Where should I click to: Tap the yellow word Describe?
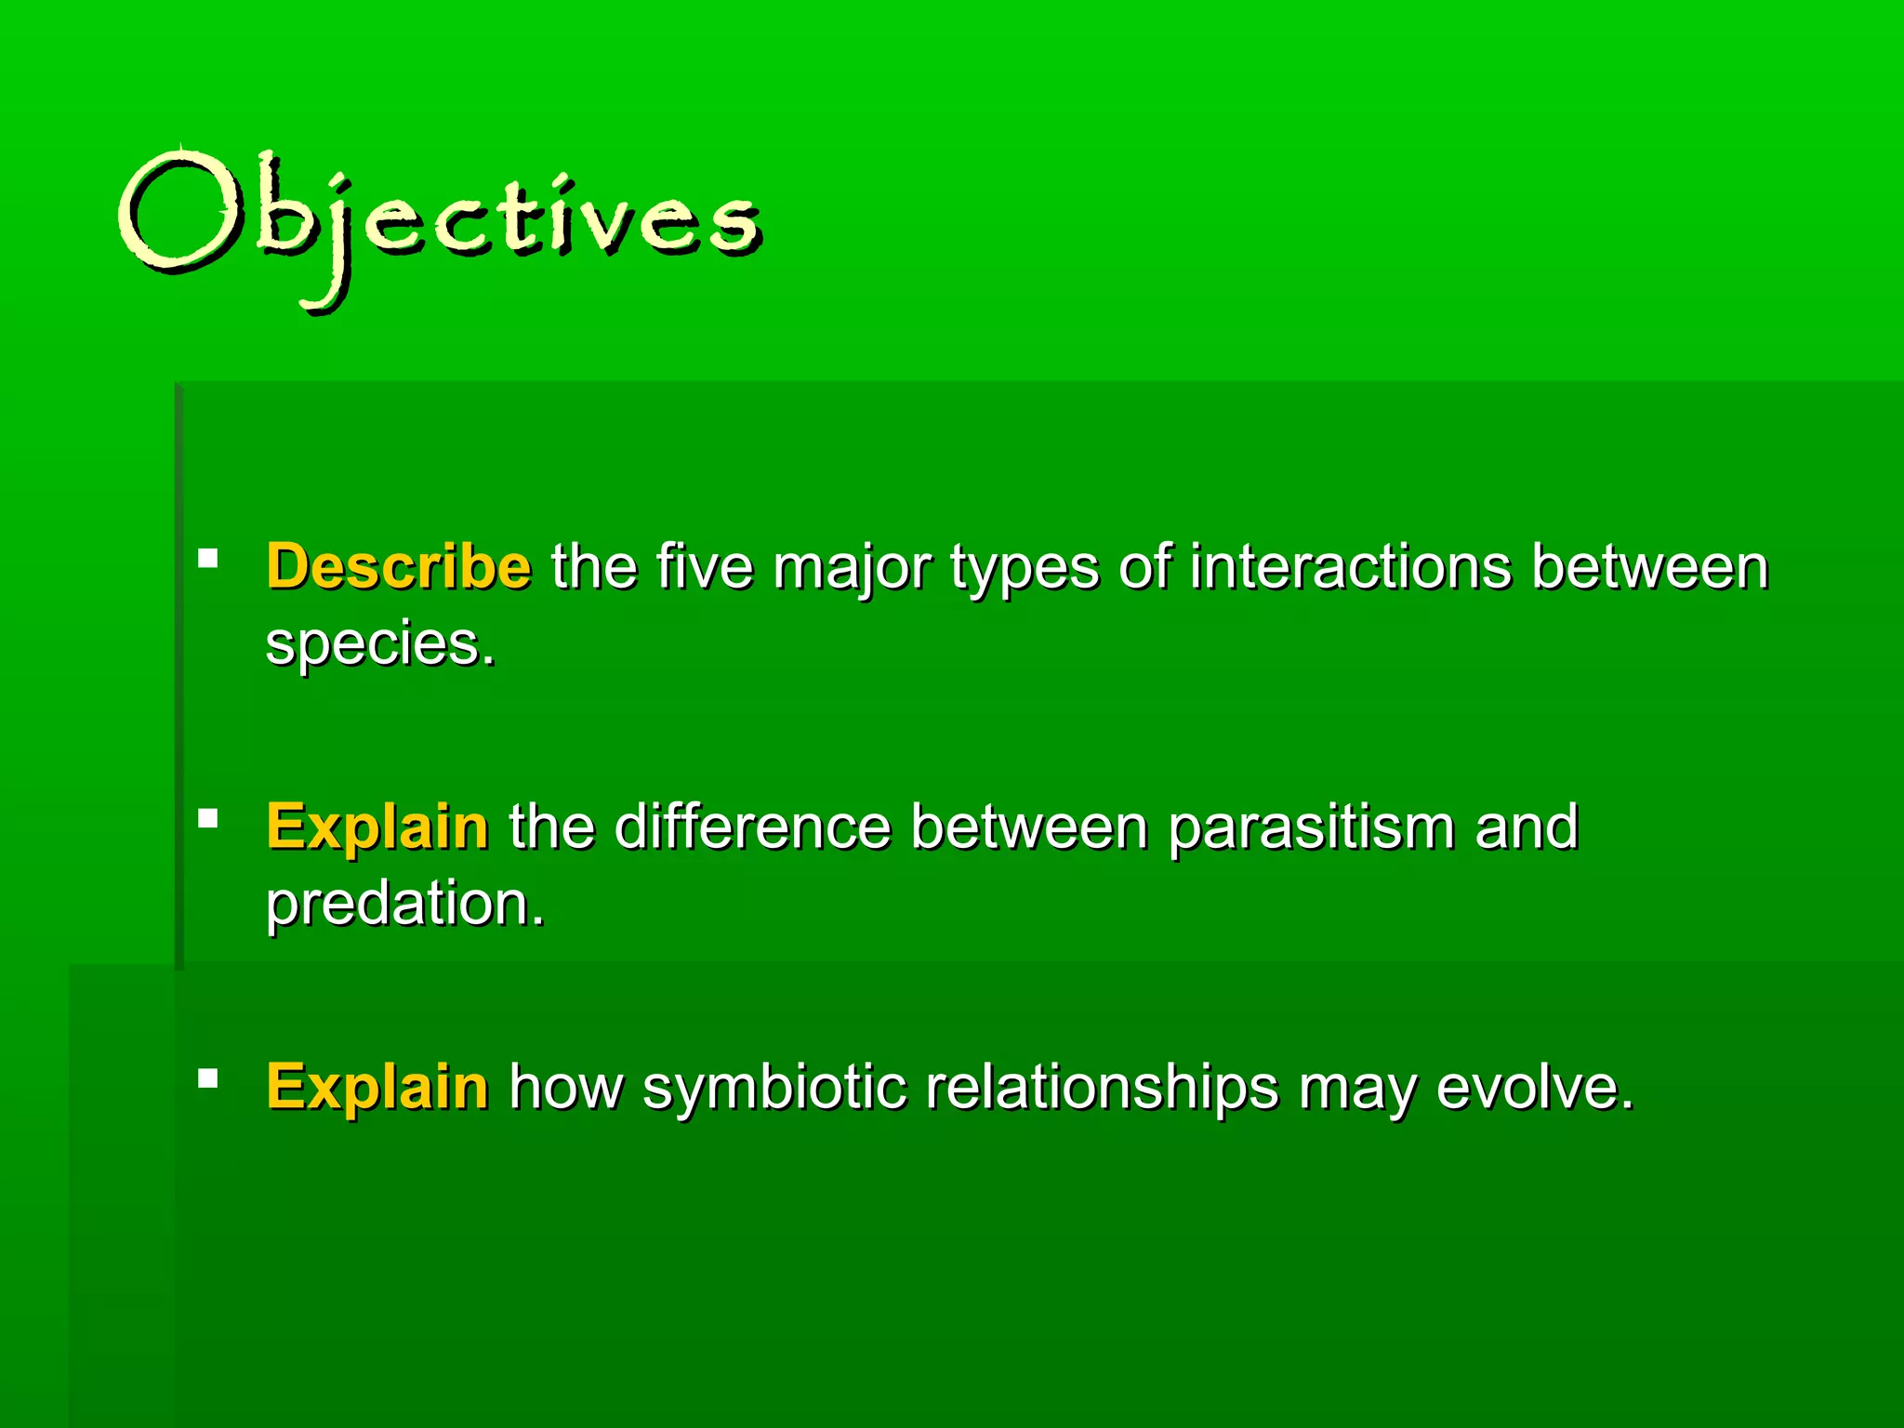399,566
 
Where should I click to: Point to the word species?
380,644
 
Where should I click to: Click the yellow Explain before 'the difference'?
377,826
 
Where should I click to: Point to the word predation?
404,904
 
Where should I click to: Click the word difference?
752,826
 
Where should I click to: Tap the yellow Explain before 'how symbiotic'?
377,1087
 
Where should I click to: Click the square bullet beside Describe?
208,559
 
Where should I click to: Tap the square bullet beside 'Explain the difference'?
208,819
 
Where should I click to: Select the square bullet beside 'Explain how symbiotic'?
208,1078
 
